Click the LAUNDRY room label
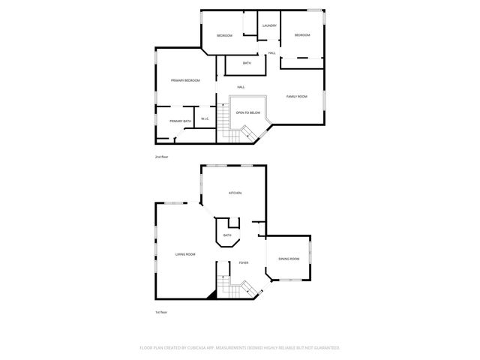click(270, 25)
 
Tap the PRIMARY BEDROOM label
click(184, 80)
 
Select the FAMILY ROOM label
click(297, 97)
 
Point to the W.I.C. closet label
click(205, 120)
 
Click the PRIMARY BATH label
click(180, 121)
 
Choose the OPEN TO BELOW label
click(248, 112)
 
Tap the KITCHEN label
click(235, 193)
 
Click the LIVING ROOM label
click(185, 255)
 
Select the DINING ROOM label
click(289, 259)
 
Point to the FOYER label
click(244, 262)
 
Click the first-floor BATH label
click(227, 235)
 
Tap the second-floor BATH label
click(247, 63)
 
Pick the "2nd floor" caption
click(162, 157)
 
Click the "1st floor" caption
click(160, 312)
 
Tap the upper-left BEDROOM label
click(224, 36)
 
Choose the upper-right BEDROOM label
click(301, 35)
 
